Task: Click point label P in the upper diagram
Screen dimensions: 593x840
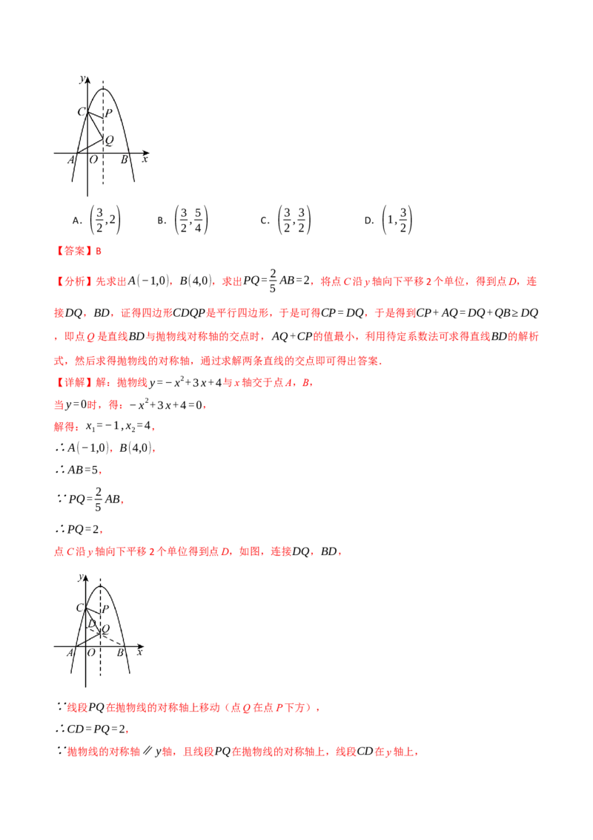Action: pos(109,113)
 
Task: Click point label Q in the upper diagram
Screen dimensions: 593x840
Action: pos(109,140)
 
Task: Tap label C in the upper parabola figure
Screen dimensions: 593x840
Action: pos(82,111)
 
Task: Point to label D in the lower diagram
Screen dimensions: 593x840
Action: pos(91,623)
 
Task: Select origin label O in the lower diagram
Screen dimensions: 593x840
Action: pos(91,652)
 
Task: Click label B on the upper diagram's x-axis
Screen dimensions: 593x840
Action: pos(125,159)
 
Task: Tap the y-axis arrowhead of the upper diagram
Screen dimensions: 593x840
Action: pos(87,80)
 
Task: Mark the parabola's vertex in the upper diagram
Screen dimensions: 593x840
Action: pos(103,89)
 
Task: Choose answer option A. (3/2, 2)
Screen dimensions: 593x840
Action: pos(96,220)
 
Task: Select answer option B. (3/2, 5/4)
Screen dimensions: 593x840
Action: pos(182,220)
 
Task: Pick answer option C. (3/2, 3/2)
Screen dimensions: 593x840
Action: pos(285,220)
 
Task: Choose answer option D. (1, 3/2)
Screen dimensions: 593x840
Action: pos(388,220)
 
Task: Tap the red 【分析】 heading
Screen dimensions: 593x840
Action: pos(74,281)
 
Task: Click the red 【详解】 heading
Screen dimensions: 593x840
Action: pos(74,382)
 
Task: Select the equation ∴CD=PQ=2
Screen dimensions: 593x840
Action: pos(91,729)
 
